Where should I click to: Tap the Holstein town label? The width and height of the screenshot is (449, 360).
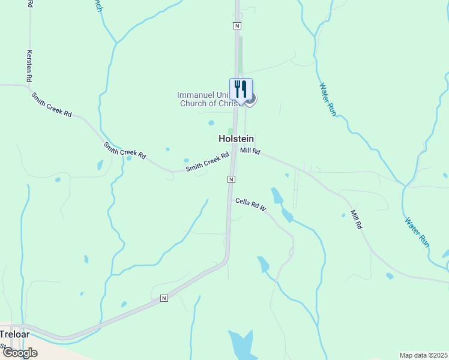pyautogui.click(x=235, y=138)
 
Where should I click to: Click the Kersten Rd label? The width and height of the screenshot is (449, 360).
pyautogui.click(x=29, y=65)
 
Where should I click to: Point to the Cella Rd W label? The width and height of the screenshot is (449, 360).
pyautogui.click(x=251, y=205)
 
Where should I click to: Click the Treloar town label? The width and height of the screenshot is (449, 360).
pyautogui.click(x=14, y=334)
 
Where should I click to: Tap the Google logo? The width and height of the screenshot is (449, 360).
pyautogui.click(x=19, y=353)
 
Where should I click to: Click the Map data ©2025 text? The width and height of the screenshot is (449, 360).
pyautogui.click(x=423, y=355)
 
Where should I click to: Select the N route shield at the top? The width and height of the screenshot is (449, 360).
pyautogui.click(x=237, y=26)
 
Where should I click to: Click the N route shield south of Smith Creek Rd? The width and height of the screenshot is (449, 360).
pyautogui.click(x=231, y=179)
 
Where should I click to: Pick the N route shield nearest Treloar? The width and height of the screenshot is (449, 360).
pyautogui.click(x=163, y=298)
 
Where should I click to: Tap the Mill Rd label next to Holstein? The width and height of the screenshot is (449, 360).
pyautogui.click(x=250, y=151)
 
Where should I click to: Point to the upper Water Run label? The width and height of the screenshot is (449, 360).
pyautogui.click(x=328, y=99)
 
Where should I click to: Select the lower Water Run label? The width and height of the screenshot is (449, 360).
pyautogui.click(x=416, y=232)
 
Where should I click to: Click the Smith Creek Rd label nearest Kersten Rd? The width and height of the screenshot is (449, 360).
pyautogui.click(x=52, y=104)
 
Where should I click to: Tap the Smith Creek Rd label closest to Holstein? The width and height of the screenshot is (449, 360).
pyautogui.click(x=208, y=163)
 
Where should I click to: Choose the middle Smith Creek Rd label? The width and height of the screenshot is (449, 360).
pyautogui.click(x=124, y=150)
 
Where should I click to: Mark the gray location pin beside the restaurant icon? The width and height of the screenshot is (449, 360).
pyautogui.click(x=251, y=98)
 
